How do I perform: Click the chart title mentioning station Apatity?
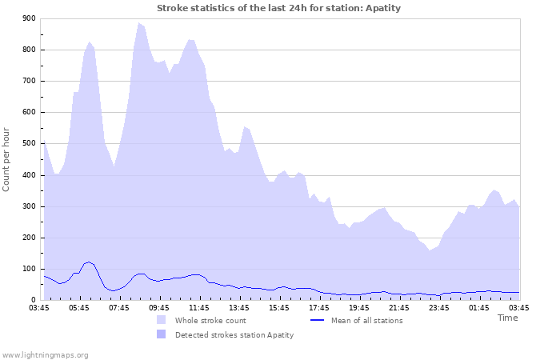tap(278, 8)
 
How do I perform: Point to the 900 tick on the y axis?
tap(29, 18)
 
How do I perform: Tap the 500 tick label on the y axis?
tap(29, 144)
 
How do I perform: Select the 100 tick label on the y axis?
tap(29, 270)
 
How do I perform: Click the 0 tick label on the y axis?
tap(33, 301)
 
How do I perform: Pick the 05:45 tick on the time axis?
tap(79, 307)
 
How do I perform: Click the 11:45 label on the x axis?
tap(199, 307)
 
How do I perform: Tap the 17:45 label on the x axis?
tap(319, 307)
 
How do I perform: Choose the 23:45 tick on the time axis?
tap(439, 307)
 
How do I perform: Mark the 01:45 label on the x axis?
tap(479, 307)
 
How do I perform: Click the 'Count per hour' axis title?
tap(7, 158)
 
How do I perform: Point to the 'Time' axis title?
tap(507, 318)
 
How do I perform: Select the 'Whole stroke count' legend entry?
tap(211, 321)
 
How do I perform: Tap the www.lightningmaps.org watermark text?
tap(45, 354)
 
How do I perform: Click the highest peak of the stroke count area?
tap(139, 24)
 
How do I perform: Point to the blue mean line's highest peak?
tap(89, 262)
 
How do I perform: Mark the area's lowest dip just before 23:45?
tap(430, 250)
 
